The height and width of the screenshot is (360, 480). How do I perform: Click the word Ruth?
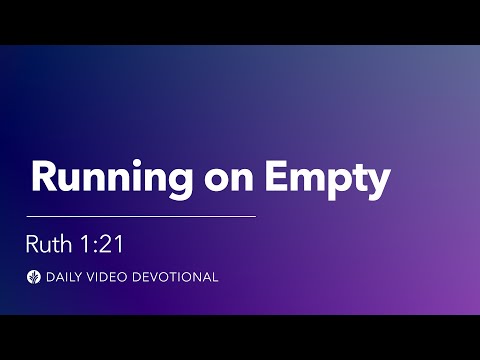[51, 242]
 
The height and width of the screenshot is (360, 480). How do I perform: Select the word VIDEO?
[107, 276]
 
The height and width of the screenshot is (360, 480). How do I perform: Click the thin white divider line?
[141, 215]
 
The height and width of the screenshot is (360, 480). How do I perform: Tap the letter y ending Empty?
[375, 182]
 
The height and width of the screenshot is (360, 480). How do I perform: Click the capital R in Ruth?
[34, 242]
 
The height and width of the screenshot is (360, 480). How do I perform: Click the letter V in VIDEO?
[91, 276]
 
